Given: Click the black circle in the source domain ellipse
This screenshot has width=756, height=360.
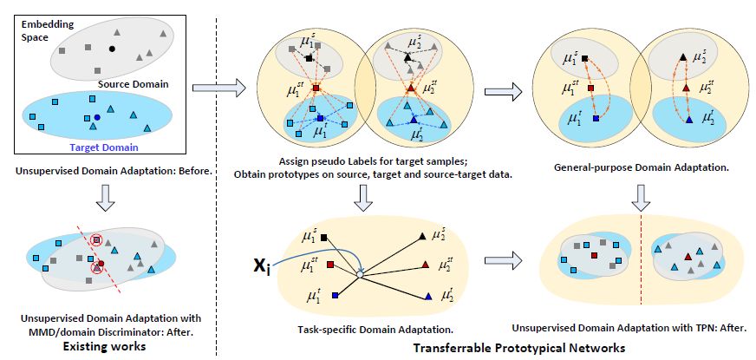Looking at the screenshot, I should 111,47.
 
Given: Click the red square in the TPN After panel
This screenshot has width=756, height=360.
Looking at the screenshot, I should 594,257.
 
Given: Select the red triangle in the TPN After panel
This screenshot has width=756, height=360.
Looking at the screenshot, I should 688,256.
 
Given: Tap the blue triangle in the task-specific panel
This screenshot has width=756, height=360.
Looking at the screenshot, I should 428,298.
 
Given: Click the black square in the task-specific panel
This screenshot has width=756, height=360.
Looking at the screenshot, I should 324,237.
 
